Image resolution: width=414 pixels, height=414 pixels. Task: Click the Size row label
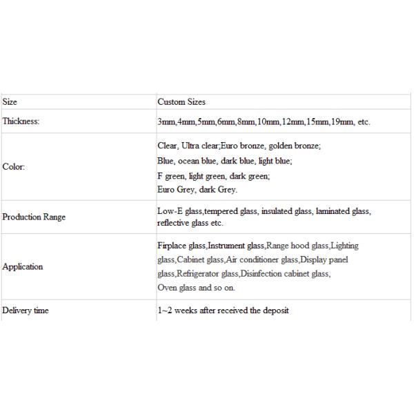tap(10, 102)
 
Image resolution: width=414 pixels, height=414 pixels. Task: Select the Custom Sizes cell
tap(181, 102)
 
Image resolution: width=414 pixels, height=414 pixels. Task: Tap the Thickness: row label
tap(21, 121)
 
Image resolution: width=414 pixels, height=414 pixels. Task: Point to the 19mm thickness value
tap(343, 122)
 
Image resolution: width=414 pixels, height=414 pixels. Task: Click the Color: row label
tap(14, 167)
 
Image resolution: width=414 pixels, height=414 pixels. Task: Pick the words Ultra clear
tap(200, 146)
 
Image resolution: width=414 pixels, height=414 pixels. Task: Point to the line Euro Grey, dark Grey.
tap(197, 190)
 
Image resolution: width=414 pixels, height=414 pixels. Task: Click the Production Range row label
tap(34, 217)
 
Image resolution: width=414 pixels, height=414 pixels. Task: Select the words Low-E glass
tap(179, 212)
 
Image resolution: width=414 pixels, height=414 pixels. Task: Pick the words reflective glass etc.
tap(190, 223)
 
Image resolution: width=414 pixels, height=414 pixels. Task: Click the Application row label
tap(23, 266)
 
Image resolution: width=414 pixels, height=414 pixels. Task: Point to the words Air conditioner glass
tap(262, 259)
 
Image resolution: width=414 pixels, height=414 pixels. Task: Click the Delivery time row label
tap(26, 310)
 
